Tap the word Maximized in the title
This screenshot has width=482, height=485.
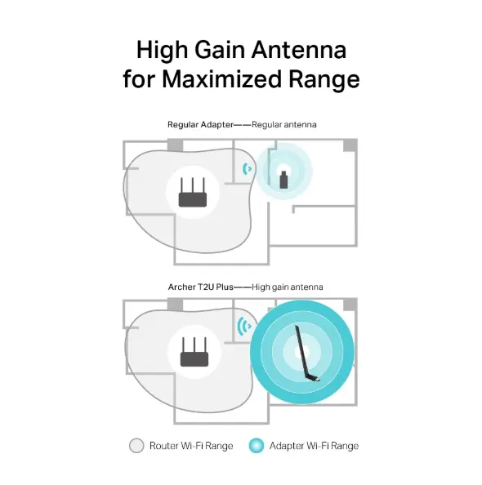click(x=230, y=80)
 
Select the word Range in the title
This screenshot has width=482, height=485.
click(x=324, y=80)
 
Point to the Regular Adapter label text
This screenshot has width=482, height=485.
click(x=197, y=124)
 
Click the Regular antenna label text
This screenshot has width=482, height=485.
click(x=284, y=124)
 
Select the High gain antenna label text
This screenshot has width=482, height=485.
click(x=288, y=287)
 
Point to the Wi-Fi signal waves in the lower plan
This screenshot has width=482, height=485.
click(x=243, y=327)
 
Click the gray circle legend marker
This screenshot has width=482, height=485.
click(x=136, y=446)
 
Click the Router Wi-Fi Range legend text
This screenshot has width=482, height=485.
click(x=191, y=446)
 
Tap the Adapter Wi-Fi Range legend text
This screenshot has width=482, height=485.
click(x=315, y=446)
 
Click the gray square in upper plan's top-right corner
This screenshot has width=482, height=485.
click(x=350, y=145)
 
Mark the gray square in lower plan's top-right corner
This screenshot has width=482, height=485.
click(x=350, y=305)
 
